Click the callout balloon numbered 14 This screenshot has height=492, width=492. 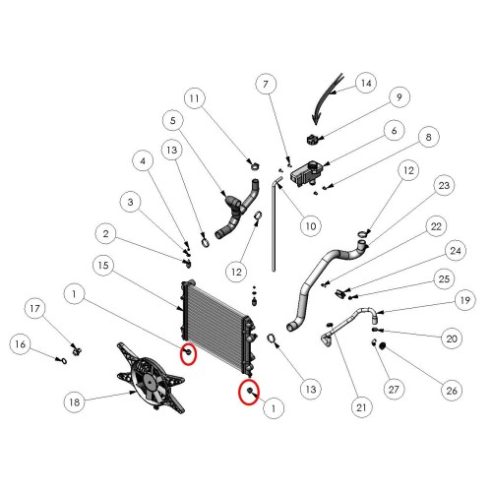[366, 83]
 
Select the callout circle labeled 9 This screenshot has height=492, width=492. [400, 97]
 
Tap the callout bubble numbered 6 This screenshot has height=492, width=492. [395, 131]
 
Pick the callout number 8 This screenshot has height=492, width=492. [429, 137]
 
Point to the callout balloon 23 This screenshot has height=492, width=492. [444, 185]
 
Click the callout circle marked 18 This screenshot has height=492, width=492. [75, 401]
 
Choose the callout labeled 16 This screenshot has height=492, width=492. [21, 344]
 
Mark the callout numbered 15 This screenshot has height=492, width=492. [103, 266]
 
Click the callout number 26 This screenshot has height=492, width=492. [452, 391]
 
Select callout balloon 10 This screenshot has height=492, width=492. [311, 226]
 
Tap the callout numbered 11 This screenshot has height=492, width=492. [195, 98]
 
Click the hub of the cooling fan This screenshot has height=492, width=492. [150, 382]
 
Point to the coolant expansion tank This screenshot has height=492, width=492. [306, 173]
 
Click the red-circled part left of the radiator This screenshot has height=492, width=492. [188, 352]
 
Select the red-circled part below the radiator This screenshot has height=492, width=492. [249, 391]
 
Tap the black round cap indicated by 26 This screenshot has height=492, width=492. [382, 345]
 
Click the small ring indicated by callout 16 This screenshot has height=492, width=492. [62, 361]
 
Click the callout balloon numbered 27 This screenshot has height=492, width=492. [394, 390]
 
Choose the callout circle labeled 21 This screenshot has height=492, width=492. [361, 407]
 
